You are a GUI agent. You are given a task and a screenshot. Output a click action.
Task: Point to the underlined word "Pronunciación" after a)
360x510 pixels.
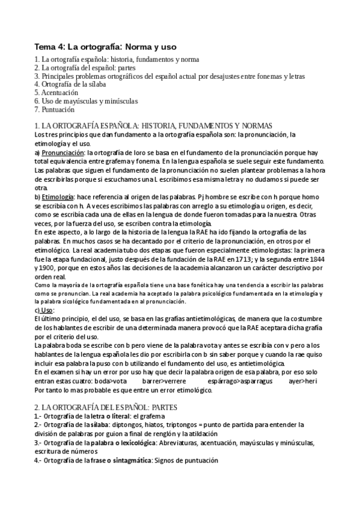point(64,153)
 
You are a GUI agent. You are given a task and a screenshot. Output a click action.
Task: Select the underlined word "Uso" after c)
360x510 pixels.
point(47,309)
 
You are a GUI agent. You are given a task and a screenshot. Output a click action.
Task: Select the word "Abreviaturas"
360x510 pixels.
point(179,443)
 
